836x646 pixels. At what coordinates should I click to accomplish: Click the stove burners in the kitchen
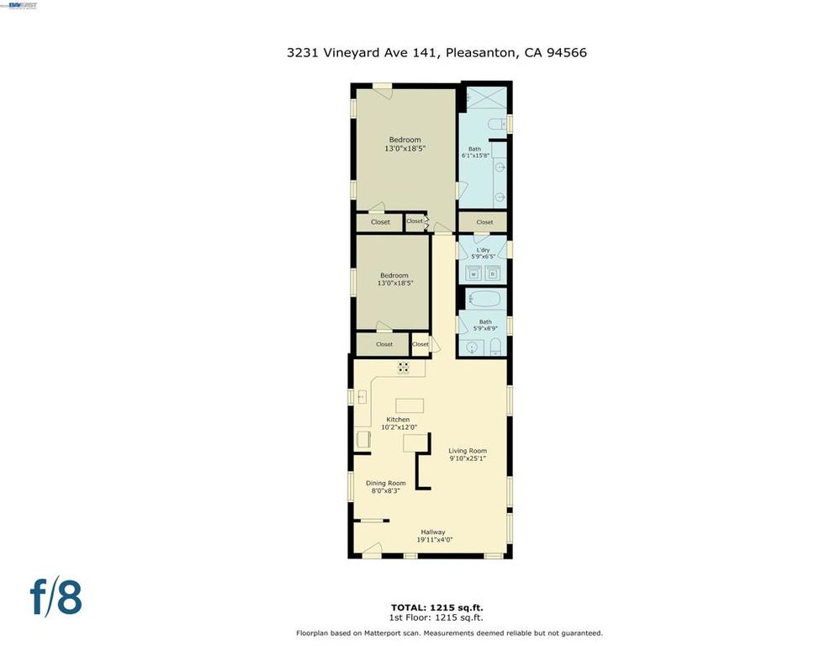pyautogui.click(x=404, y=368)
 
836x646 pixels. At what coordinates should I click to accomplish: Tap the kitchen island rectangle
pyautogui.click(x=410, y=406)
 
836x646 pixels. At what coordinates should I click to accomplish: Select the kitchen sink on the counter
pyautogui.click(x=362, y=395)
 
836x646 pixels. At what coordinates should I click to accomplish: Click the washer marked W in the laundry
pyautogui.click(x=473, y=273)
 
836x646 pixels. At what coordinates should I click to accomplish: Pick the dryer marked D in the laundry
pyautogui.click(x=493, y=273)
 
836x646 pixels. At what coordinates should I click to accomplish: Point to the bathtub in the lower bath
pyautogui.click(x=483, y=299)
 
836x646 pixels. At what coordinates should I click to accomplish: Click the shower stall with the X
pyautogui.click(x=483, y=98)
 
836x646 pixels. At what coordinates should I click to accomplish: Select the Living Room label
pyautogui.click(x=467, y=451)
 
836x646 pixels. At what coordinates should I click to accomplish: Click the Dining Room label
pyautogui.click(x=385, y=483)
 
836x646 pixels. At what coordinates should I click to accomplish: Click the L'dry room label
pyautogui.click(x=483, y=250)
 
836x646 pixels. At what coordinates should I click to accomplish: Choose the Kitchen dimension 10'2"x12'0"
pyautogui.click(x=398, y=427)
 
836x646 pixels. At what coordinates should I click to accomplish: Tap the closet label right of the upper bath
pyautogui.click(x=484, y=222)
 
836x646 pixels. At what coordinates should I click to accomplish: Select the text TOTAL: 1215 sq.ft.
pyautogui.click(x=437, y=606)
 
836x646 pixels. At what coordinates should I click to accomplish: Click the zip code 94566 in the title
pyautogui.click(x=567, y=52)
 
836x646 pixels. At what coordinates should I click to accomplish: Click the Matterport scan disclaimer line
pyautogui.click(x=449, y=633)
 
